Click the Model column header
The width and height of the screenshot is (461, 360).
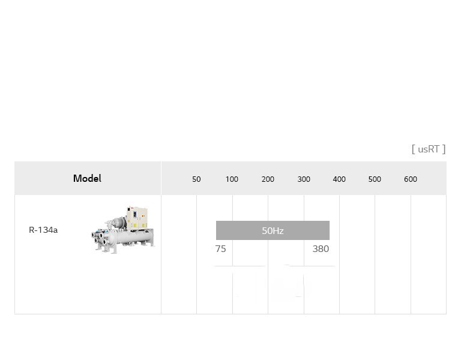pos(87,178)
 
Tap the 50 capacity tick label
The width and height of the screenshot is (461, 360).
pos(196,179)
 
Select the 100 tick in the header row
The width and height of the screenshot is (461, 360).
pos(232,179)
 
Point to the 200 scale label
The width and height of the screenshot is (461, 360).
pos(268,179)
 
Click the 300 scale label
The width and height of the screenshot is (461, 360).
pos(304,179)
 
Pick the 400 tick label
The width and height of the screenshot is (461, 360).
pos(339,179)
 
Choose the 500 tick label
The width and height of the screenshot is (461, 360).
pos(375,179)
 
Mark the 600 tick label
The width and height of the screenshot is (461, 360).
pos(411,179)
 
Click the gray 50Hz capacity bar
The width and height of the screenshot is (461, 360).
pos(273,230)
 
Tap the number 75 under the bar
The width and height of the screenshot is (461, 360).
pos(220,249)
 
